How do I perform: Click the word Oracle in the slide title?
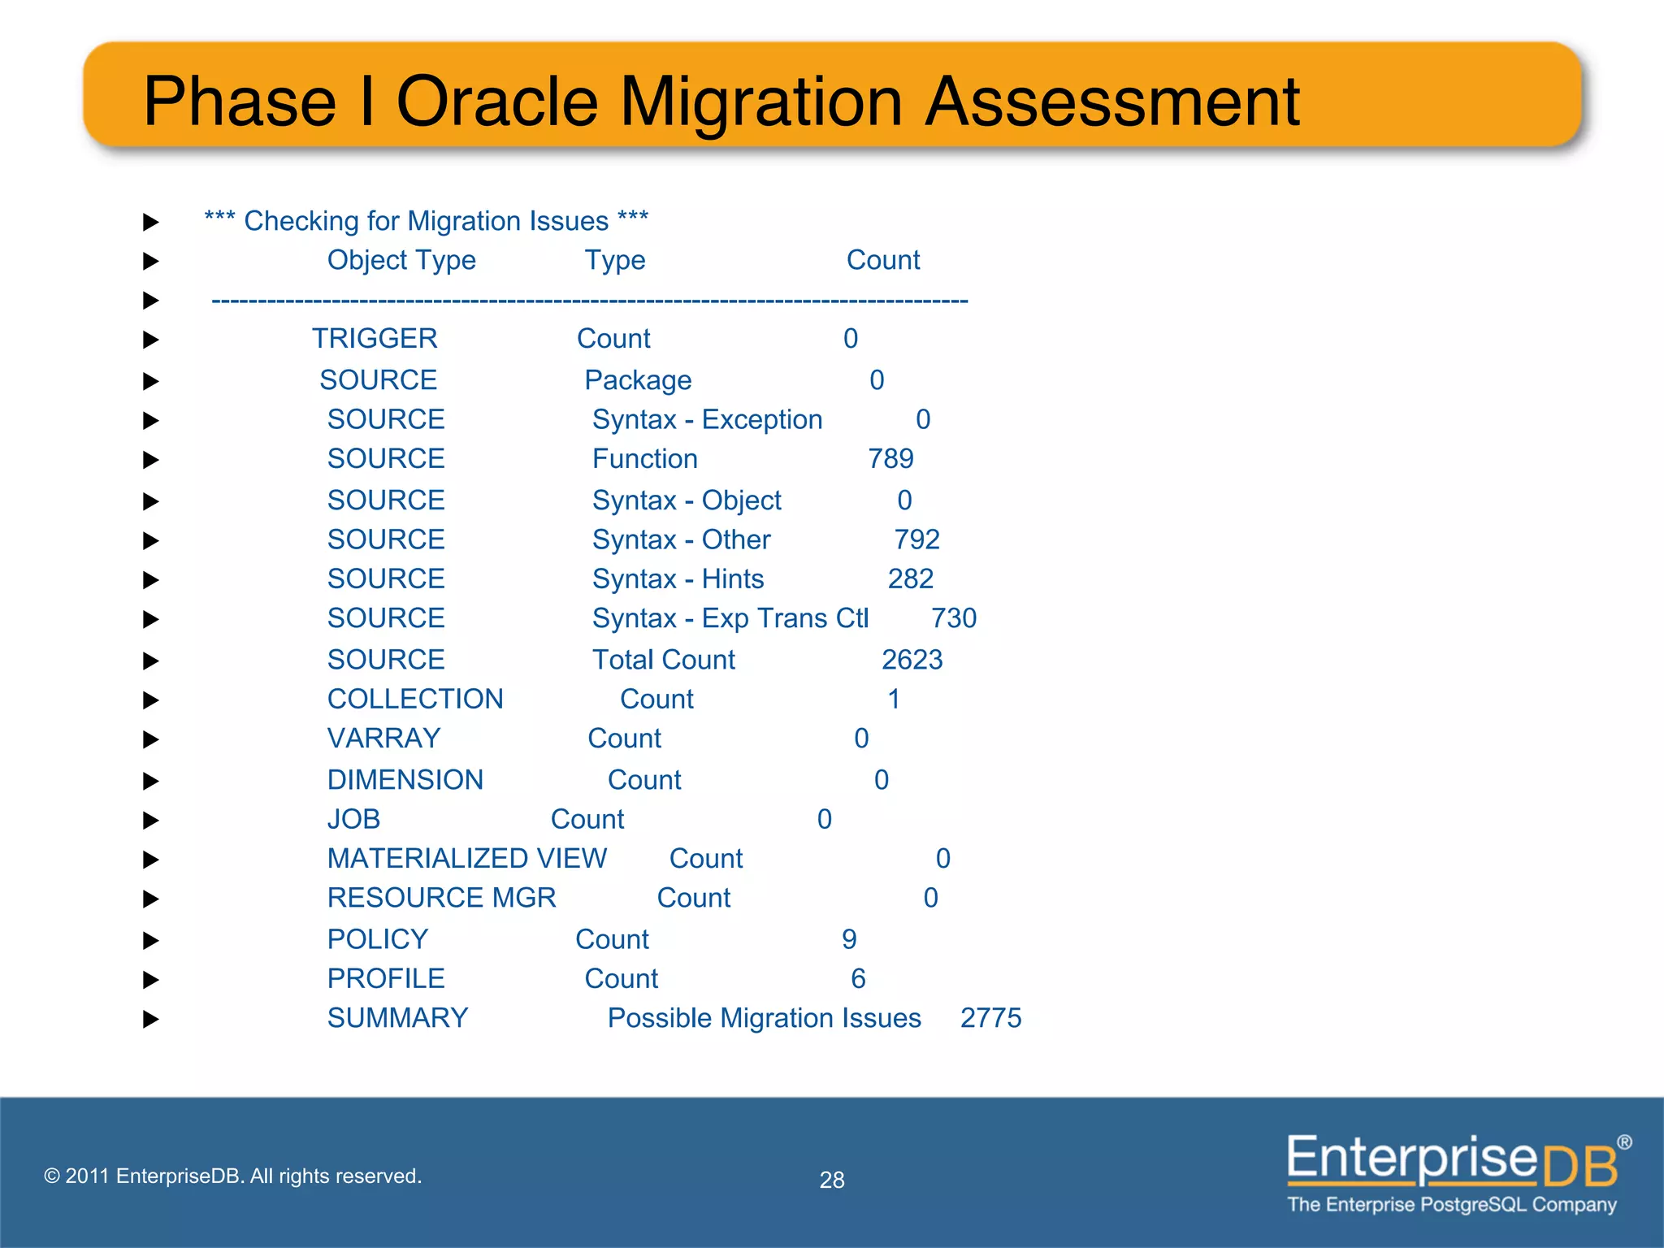[496, 102]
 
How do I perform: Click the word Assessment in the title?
[1112, 102]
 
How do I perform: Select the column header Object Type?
[401, 260]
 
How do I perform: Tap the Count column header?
[882, 260]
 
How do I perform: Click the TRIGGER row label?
[375, 339]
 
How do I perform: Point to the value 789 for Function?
[890, 459]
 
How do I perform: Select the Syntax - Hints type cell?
[678, 579]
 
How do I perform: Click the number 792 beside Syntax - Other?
[916, 539]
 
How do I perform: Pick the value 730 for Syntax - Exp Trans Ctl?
[953, 618]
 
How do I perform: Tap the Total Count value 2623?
[912, 660]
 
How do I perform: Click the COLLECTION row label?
[415, 700]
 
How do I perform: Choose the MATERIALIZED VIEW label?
[466, 859]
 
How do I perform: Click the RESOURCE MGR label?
[441, 898]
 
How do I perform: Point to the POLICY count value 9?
[849, 940]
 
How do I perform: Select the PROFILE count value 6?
[858, 979]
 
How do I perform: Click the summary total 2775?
[990, 1018]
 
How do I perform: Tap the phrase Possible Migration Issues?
[764, 1018]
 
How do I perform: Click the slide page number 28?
[832, 1180]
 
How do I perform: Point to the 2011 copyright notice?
[232, 1176]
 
